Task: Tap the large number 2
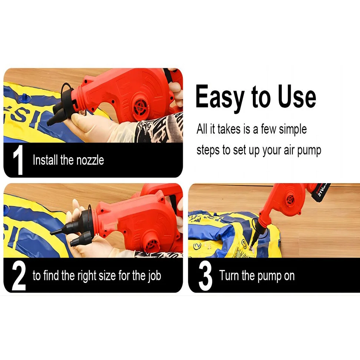tap(19, 275)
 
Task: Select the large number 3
tap(205, 275)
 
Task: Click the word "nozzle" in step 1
tap(90, 160)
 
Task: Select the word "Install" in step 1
tap(45, 160)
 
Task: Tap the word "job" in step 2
tap(154, 275)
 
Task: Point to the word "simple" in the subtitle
tap(293, 129)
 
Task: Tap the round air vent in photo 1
tap(141, 107)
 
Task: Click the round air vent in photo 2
tap(152, 245)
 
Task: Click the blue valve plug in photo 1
tap(24, 99)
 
